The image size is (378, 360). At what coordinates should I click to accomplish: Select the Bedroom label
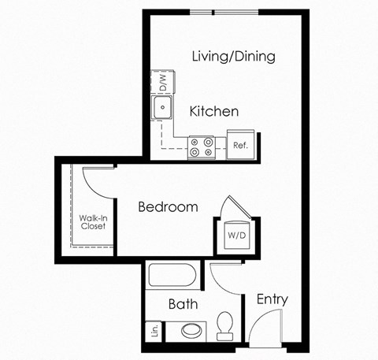(168, 207)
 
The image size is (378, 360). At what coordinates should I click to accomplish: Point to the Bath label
(183, 304)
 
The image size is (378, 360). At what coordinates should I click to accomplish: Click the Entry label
(272, 300)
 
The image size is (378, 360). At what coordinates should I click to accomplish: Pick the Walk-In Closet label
(92, 221)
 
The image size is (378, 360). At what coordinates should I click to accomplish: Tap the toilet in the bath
(226, 325)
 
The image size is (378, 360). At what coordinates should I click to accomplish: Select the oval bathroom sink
(191, 330)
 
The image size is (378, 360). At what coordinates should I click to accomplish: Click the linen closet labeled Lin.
(154, 332)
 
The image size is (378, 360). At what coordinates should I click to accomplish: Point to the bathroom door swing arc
(224, 276)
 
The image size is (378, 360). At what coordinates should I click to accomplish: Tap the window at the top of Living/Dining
(213, 13)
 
